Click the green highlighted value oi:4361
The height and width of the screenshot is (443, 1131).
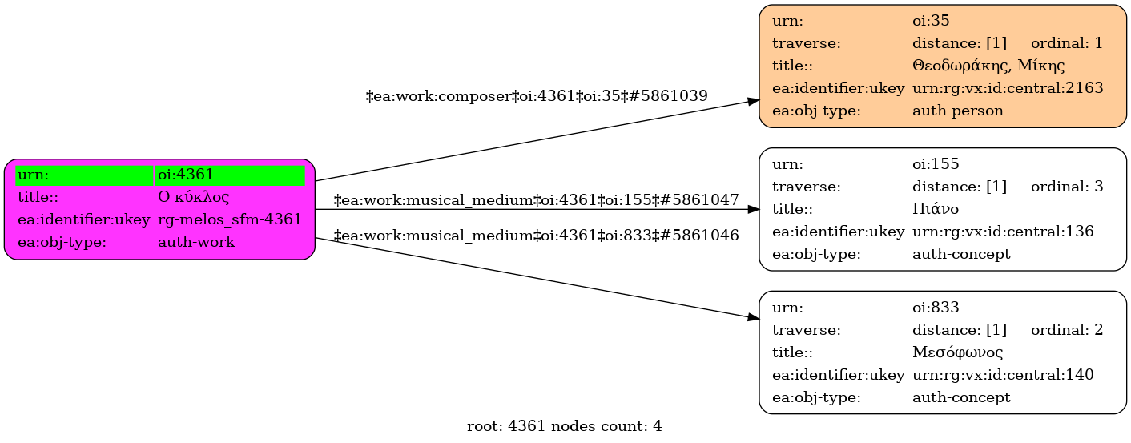click(186, 175)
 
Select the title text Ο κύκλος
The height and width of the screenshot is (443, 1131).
click(194, 197)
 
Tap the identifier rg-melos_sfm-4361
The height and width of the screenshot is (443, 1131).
click(229, 219)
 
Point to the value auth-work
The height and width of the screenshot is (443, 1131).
click(196, 242)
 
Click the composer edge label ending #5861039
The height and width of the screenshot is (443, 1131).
click(537, 96)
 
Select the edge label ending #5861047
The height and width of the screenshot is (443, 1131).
click(536, 200)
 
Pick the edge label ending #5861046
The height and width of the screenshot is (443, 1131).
click(536, 236)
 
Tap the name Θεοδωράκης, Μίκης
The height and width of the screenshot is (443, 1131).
click(988, 66)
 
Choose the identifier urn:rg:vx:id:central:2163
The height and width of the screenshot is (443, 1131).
click(1008, 88)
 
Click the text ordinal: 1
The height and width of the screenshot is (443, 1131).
click(1067, 43)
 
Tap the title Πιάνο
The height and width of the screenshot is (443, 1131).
click(936, 209)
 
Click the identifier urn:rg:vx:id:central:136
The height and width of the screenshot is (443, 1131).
click(1003, 232)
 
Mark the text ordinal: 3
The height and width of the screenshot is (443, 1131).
click(1067, 187)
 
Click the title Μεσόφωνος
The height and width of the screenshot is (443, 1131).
click(957, 352)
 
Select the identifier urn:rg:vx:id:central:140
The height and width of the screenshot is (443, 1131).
click(1003, 375)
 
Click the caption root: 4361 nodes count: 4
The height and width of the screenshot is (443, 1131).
click(564, 426)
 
